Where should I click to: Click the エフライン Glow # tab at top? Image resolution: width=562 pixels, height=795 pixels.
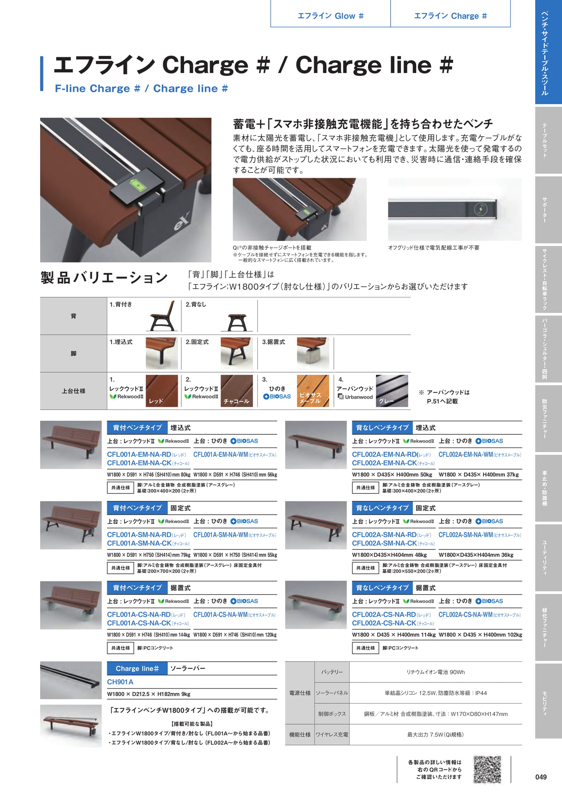[330, 15]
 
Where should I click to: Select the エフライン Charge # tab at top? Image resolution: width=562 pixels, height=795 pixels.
[450, 15]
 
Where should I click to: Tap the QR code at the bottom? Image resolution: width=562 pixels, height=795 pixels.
[487, 769]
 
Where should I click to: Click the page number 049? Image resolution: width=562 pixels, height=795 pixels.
[541, 777]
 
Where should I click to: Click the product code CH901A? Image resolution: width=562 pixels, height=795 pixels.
[120, 682]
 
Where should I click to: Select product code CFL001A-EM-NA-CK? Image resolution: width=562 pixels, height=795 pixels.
[139, 463]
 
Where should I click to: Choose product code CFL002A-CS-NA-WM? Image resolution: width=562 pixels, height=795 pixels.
[466, 614]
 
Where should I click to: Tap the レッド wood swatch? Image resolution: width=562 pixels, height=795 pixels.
[162, 391]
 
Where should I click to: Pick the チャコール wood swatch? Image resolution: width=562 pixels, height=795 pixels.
[237, 391]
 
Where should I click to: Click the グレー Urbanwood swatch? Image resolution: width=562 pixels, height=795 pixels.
[392, 391]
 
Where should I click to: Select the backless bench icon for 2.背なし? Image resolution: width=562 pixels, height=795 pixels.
[237, 322]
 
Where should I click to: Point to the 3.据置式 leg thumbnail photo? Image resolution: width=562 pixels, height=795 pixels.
[313, 353]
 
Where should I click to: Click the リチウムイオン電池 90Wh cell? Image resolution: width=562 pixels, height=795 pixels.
[435, 672]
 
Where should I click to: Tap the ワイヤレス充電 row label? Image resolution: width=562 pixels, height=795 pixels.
[332, 735]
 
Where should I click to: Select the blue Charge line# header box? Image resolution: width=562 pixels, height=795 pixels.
[137, 668]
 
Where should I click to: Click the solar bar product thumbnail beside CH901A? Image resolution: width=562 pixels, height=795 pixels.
[71, 680]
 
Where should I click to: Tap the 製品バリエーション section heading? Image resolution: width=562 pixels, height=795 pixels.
[104, 277]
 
